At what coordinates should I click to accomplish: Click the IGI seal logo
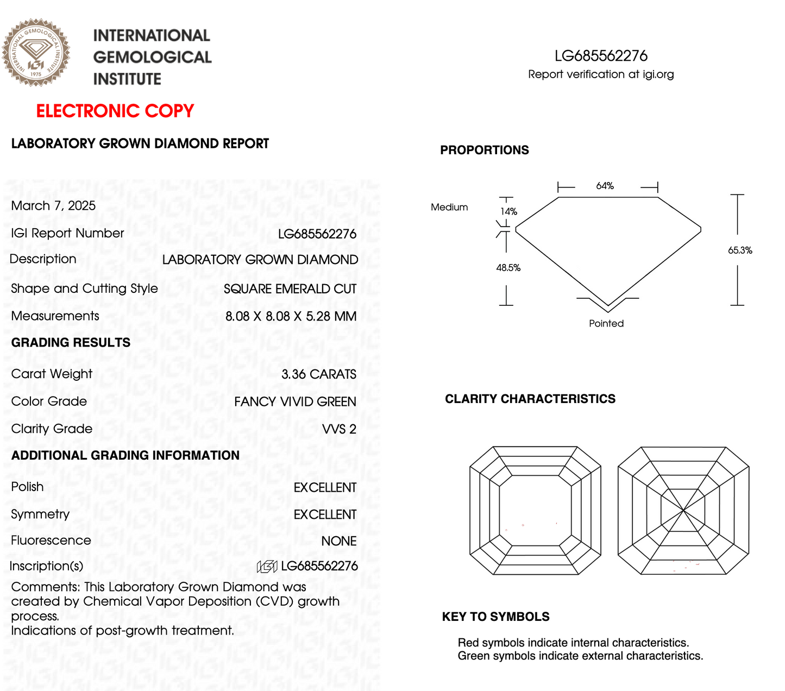(36, 53)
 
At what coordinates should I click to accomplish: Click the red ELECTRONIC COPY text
(115, 111)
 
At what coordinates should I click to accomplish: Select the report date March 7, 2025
(53, 206)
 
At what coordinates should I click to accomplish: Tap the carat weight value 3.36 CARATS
(319, 374)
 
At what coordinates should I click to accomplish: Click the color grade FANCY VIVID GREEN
(295, 402)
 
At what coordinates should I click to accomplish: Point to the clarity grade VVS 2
(339, 429)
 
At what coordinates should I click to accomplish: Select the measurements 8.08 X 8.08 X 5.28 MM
(291, 316)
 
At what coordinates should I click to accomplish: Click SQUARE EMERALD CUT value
(290, 289)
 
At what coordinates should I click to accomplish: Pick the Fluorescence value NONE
(338, 541)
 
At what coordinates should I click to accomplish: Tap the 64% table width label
(605, 186)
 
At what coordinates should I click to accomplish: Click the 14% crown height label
(509, 211)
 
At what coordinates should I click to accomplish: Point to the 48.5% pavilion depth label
(508, 268)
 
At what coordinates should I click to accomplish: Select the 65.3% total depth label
(740, 250)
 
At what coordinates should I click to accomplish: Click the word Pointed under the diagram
(606, 324)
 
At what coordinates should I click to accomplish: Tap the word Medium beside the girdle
(449, 207)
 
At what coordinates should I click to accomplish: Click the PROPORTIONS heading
(484, 150)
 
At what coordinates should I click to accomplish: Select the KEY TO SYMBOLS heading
(495, 617)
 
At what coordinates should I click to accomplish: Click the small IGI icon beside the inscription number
(267, 567)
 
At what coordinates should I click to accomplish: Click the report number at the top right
(601, 56)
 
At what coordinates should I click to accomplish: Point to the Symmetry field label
(40, 514)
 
